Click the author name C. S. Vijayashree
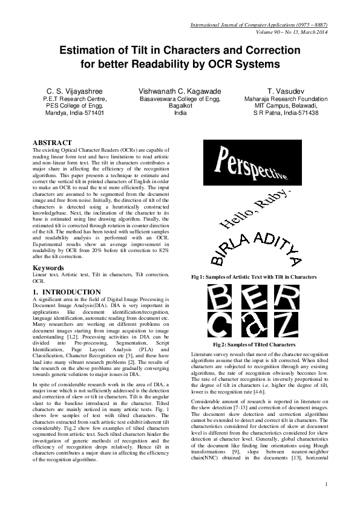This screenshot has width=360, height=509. [75, 90]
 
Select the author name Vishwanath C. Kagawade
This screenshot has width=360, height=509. [180, 90]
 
